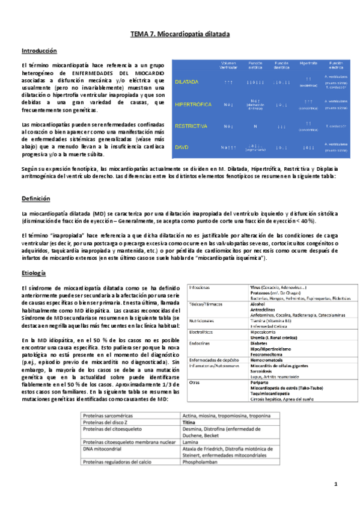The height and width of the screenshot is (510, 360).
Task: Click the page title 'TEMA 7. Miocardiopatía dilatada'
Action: tap(180, 35)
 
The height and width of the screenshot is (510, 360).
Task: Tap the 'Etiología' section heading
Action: tap(34, 273)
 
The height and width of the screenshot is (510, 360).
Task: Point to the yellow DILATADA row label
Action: tap(188, 81)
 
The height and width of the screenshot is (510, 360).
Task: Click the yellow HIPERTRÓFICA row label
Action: tap(194, 104)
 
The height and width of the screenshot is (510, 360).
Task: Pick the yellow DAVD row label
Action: tap(182, 147)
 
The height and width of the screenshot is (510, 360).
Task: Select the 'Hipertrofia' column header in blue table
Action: tap(308, 63)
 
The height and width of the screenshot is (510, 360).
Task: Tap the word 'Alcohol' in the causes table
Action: tap(258, 304)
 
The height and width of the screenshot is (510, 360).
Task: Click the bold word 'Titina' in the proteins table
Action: tap(190, 423)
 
